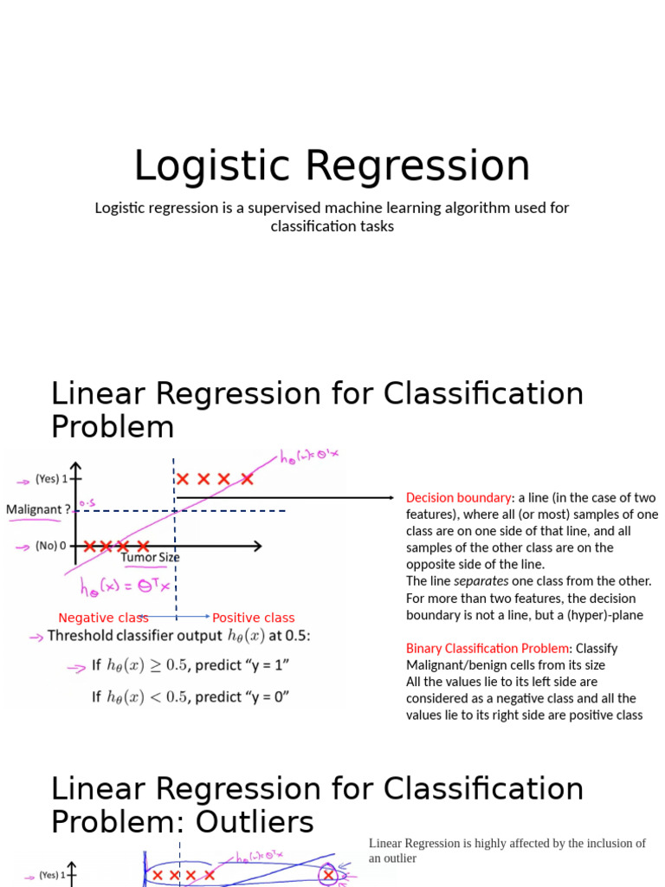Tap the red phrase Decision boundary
point(458,498)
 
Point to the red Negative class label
point(103,618)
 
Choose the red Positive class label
point(253,618)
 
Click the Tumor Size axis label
point(151,557)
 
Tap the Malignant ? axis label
point(38,509)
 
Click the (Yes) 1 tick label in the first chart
point(51,478)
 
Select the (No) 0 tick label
point(52,546)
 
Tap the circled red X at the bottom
point(328,876)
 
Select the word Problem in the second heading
point(113,426)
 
